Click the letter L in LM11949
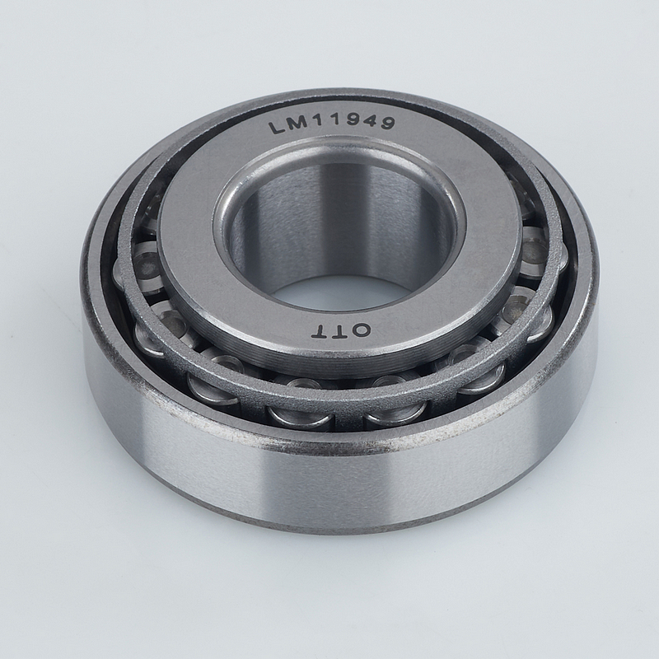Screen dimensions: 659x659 tap(276, 128)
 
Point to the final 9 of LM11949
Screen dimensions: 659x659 tap(387, 123)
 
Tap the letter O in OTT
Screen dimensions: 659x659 tap(362, 331)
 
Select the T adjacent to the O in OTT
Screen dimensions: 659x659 tap(343, 332)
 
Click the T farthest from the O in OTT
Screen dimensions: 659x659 tap(322, 332)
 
